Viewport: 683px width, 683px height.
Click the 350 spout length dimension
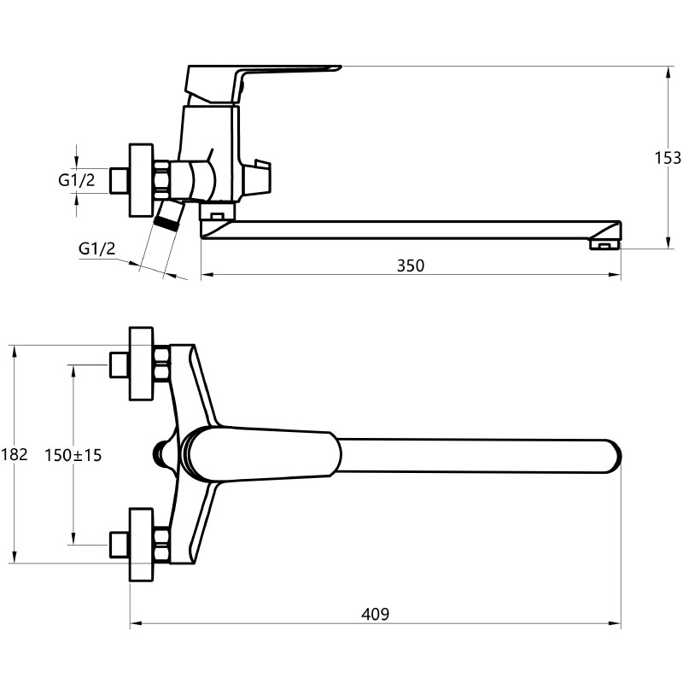(x=411, y=266)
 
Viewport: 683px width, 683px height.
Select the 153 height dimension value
(x=668, y=158)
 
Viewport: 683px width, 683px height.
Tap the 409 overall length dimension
(x=376, y=614)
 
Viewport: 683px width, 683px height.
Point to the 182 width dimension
(x=14, y=454)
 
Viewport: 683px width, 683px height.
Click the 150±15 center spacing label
(x=73, y=455)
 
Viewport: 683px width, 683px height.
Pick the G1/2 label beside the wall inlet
(x=77, y=180)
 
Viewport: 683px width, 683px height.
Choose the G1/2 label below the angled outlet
(x=97, y=248)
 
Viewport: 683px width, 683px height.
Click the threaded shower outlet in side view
(x=169, y=214)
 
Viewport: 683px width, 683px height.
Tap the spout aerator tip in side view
(x=604, y=244)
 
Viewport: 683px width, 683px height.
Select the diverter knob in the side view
(x=257, y=177)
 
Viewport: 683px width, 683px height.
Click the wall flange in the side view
(x=142, y=180)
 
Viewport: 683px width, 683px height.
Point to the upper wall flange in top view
(x=142, y=364)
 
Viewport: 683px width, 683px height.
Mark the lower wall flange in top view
(x=142, y=545)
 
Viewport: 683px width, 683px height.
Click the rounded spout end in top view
(x=613, y=457)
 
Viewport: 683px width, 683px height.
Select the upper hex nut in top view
(x=162, y=364)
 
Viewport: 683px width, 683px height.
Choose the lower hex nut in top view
(x=162, y=545)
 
